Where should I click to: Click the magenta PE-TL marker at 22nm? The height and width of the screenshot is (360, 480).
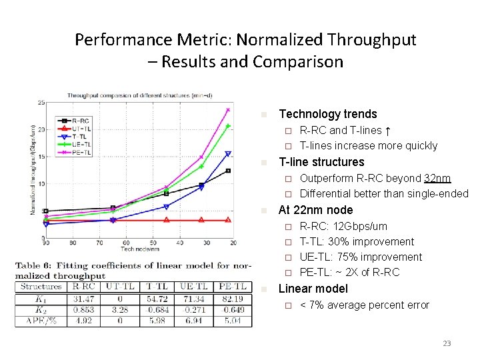coord(228,110)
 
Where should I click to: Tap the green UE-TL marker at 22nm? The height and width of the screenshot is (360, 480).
coord(228,126)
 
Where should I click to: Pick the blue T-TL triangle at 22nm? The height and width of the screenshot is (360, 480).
coord(228,154)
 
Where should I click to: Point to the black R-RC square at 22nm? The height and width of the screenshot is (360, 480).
coord(228,171)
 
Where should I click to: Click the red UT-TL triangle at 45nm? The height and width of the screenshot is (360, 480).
coord(166,219)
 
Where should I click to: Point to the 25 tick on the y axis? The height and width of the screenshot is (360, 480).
coord(41,102)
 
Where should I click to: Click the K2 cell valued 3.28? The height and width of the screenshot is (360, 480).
coord(120,309)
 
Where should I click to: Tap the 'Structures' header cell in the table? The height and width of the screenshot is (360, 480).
coord(41,287)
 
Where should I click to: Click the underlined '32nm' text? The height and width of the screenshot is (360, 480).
coord(437,179)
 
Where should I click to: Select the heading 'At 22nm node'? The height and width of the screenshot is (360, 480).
coord(315,210)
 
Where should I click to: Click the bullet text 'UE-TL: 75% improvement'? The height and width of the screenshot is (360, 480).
coord(361,257)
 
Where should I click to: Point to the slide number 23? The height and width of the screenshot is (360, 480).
coord(447,343)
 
